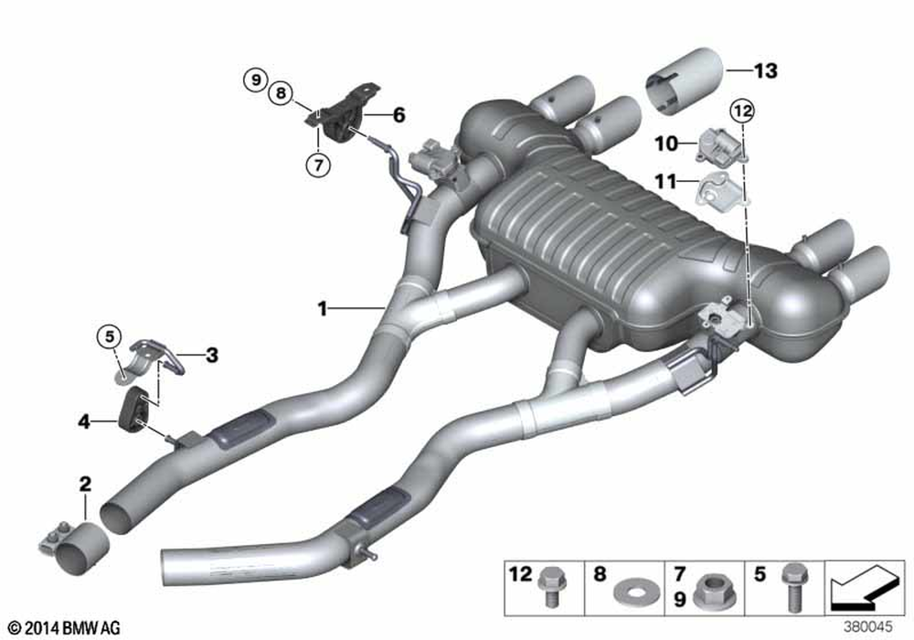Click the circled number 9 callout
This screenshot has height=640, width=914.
(x=255, y=80)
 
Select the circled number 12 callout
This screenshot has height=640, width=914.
(x=742, y=110)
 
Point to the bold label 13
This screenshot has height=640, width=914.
(x=765, y=70)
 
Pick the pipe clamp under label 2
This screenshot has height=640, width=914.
(x=75, y=548)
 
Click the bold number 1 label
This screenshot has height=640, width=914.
(x=323, y=308)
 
